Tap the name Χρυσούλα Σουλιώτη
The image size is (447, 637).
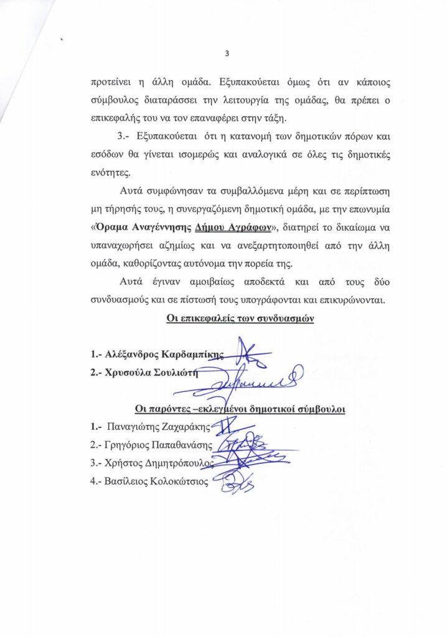(152, 373)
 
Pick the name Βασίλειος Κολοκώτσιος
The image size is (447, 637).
(159, 480)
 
